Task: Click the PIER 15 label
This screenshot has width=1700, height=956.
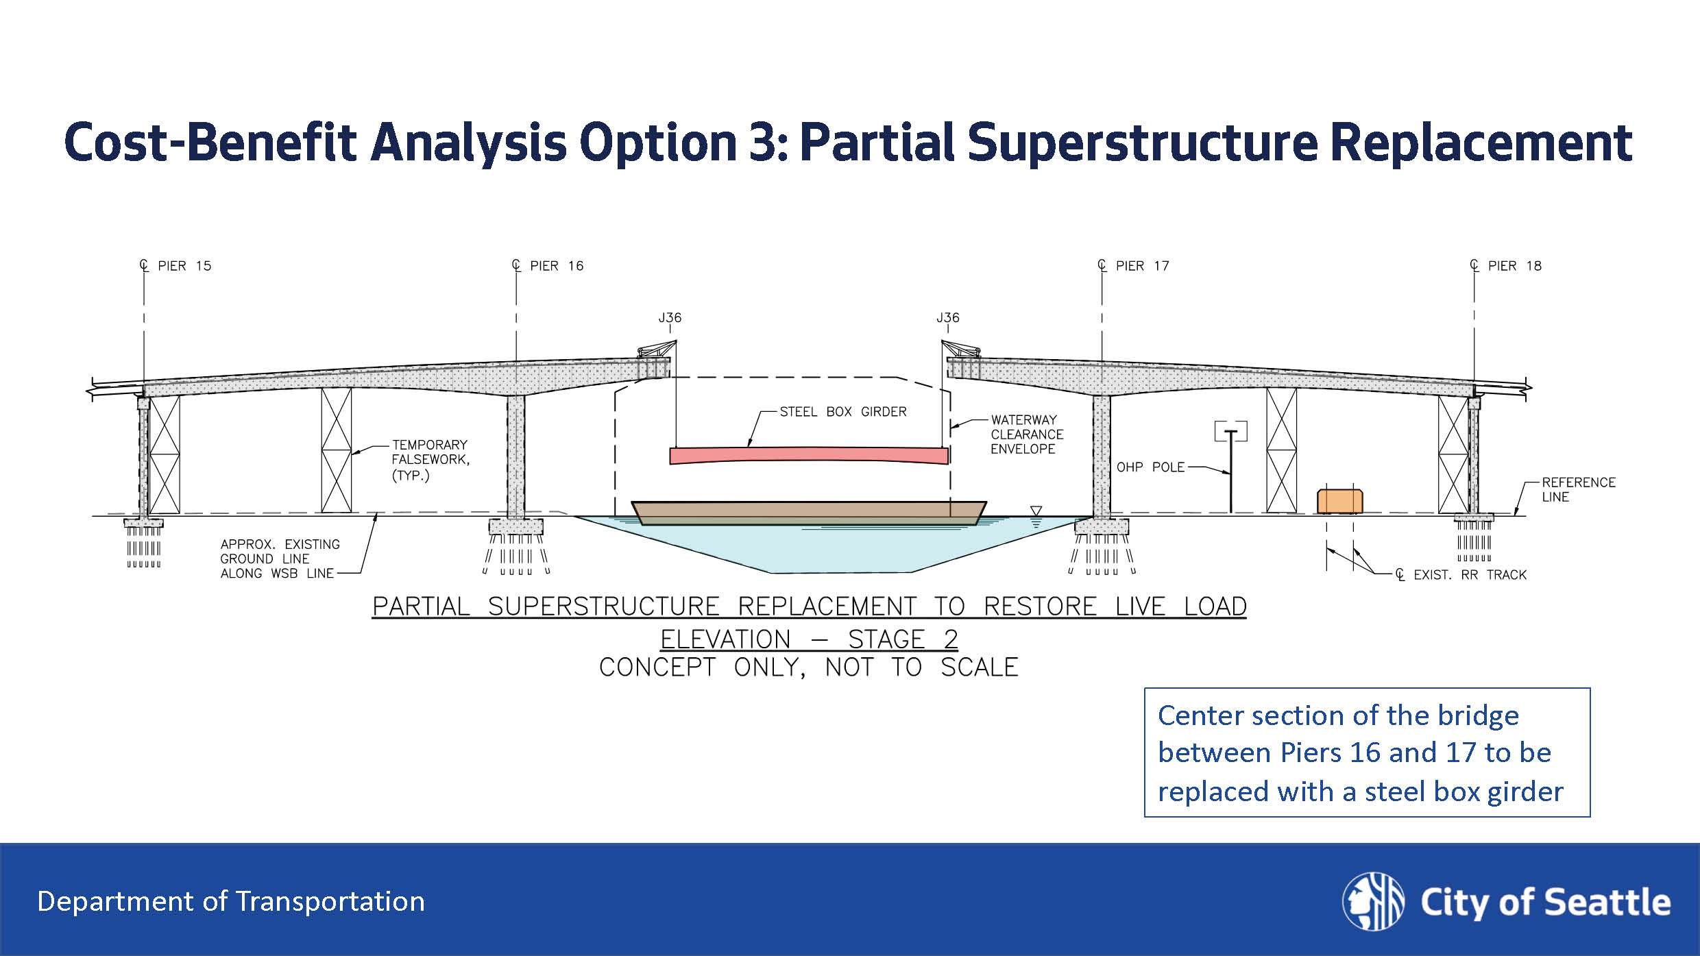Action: (184, 266)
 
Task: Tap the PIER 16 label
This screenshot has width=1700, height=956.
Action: (556, 266)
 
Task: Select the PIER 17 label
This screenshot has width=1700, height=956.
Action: (1141, 266)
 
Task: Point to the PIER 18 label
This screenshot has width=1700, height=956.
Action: (1514, 266)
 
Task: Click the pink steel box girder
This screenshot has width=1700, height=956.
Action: (809, 456)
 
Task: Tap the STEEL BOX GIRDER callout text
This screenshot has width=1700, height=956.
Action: (842, 412)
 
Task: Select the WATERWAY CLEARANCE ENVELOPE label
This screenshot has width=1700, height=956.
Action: (1026, 434)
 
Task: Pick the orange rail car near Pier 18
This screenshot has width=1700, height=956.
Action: (1339, 501)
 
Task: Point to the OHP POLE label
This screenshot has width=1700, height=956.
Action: (1150, 467)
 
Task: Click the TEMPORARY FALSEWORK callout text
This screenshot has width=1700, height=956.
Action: (430, 460)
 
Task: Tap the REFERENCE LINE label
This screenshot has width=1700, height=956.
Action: (1578, 489)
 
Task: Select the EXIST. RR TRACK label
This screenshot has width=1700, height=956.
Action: (1469, 575)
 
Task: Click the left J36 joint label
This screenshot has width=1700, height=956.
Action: (670, 318)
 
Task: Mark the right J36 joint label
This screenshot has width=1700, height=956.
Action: (948, 318)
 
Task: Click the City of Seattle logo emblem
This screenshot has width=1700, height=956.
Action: (1373, 901)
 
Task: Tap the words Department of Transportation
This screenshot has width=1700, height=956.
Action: (231, 902)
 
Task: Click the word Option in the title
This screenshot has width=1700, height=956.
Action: (657, 142)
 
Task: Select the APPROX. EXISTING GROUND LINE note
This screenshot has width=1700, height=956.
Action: (279, 559)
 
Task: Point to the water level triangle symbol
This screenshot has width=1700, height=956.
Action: (1036, 511)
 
